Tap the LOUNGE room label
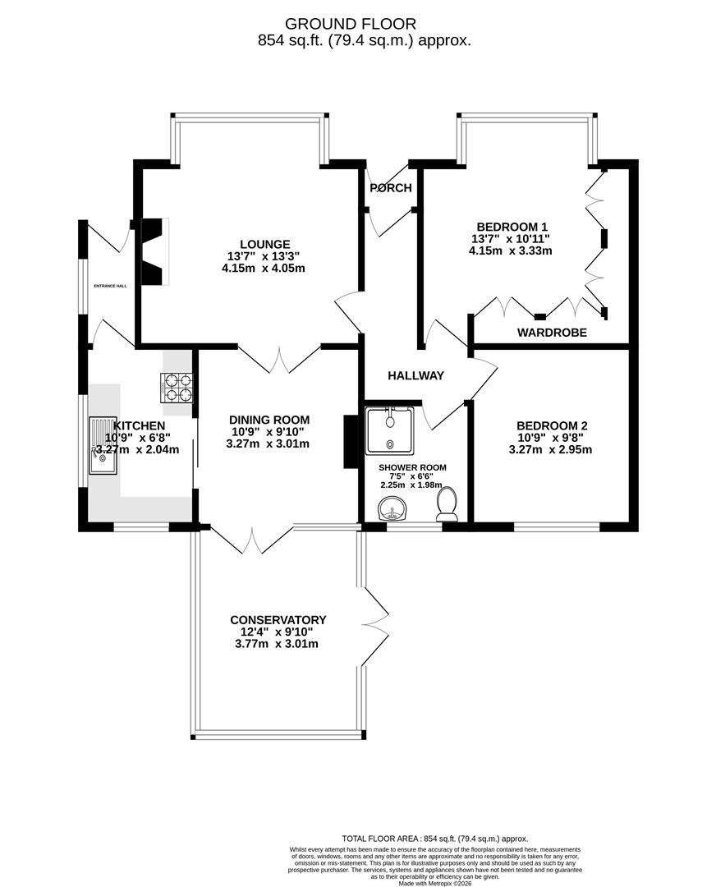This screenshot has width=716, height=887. pyautogui.click(x=264, y=244)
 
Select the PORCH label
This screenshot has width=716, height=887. pyautogui.click(x=390, y=188)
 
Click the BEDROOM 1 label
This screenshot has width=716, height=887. pyautogui.click(x=512, y=227)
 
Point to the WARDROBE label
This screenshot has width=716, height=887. pyautogui.click(x=551, y=333)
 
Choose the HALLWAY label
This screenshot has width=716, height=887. pyautogui.click(x=415, y=375)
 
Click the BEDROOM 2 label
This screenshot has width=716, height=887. pyautogui.click(x=551, y=425)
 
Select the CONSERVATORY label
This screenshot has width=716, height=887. pyautogui.click(x=278, y=620)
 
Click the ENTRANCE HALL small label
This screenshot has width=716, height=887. pyautogui.click(x=110, y=286)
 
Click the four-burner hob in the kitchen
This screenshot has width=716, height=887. pyautogui.click(x=179, y=388)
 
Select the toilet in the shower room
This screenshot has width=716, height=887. pyautogui.click(x=447, y=503)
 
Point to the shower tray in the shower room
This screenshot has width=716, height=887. pyautogui.click(x=390, y=430)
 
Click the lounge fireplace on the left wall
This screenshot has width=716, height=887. pyautogui.click(x=154, y=251)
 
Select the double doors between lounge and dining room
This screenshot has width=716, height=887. pyautogui.click(x=280, y=359)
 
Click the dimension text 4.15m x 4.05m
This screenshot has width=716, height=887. pyautogui.click(x=264, y=268)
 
